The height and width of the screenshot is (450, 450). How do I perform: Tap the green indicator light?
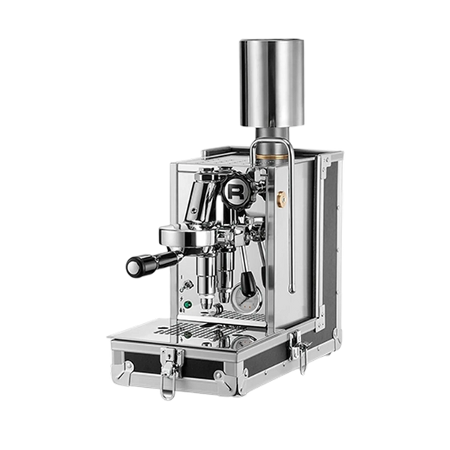(x=187, y=304)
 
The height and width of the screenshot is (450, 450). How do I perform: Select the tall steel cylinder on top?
(x=271, y=83)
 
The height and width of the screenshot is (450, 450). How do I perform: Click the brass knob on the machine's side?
(x=281, y=198)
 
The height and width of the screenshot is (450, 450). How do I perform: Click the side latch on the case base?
(x=298, y=352)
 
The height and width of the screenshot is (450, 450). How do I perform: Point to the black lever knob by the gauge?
(x=248, y=283)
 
